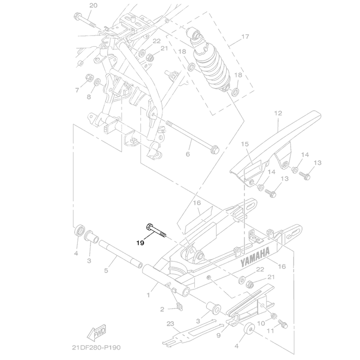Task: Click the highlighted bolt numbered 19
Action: (x=156, y=231)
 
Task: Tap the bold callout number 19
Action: (x=140, y=243)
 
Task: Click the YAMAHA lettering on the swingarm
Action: (x=255, y=257)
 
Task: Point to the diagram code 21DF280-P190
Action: (x=96, y=347)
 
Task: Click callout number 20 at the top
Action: (x=93, y=5)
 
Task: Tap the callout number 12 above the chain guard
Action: (x=278, y=113)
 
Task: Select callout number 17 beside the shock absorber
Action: (x=245, y=36)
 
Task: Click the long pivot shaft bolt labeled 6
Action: (x=192, y=135)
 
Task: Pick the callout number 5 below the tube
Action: (x=106, y=270)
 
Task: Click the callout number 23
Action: (x=171, y=324)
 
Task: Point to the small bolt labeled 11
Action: (x=283, y=324)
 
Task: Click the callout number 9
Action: (x=218, y=335)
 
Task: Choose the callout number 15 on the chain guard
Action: (x=245, y=144)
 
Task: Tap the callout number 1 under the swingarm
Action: (x=148, y=295)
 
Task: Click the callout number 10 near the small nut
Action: (x=261, y=324)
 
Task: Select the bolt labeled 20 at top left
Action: (x=84, y=20)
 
